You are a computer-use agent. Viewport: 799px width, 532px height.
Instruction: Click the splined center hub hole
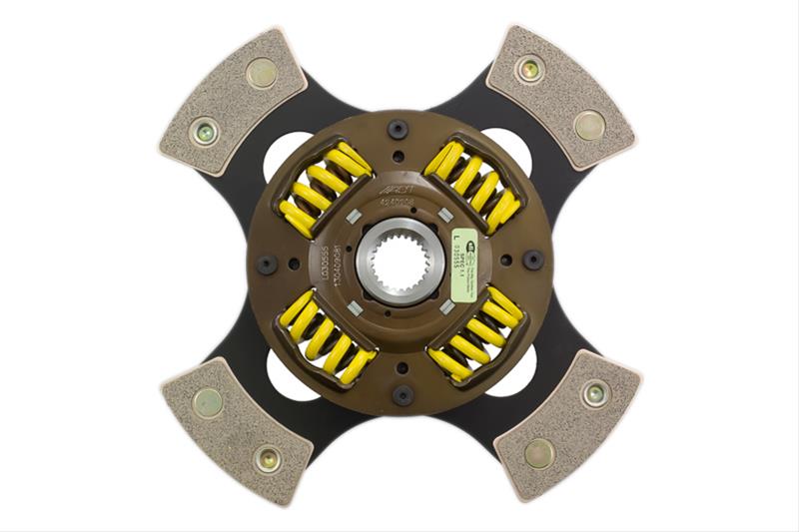399,266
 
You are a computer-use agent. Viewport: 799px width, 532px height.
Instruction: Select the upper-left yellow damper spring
326,186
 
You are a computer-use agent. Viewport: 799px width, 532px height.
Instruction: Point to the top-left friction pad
233,100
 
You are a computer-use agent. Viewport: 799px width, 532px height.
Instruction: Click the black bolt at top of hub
399,128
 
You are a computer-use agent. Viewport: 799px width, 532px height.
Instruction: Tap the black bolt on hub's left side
267,265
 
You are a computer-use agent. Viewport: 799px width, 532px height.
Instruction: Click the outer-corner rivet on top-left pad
262,72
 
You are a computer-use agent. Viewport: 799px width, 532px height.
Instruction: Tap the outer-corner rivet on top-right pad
529,69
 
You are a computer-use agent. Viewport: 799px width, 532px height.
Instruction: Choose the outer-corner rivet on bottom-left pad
267,460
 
